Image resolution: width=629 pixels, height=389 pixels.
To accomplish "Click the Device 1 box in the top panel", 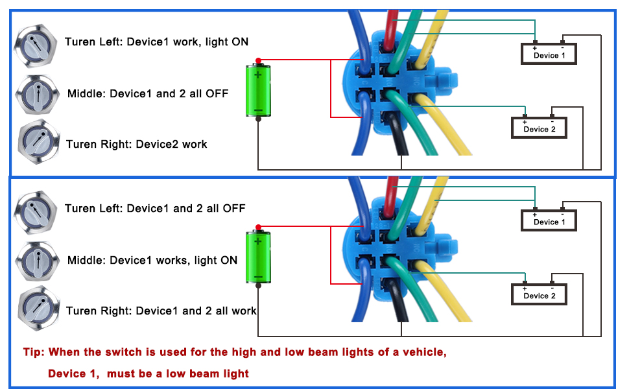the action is (549, 54).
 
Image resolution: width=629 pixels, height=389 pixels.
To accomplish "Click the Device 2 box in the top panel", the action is (539, 128).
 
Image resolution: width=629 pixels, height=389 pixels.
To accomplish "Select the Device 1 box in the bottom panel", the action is (549, 220).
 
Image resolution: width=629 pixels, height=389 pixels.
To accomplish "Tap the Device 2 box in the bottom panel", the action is (539, 294).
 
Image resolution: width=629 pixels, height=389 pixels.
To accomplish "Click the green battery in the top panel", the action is (258, 90).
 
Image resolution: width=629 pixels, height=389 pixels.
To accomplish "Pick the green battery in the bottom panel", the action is (258, 257).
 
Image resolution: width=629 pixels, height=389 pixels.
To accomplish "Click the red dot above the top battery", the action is (258, 60).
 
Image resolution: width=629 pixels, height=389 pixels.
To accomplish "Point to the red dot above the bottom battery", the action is (258, 228).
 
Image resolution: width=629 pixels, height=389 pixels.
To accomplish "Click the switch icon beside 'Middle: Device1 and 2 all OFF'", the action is (38, 95).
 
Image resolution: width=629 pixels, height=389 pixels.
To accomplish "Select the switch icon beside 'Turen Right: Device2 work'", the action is (38, 143).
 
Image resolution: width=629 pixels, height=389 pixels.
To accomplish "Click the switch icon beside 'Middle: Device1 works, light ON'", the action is (38, 261).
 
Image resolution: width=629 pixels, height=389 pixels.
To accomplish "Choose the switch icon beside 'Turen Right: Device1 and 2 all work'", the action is (38, 309).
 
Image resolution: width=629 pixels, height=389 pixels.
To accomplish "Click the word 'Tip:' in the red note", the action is (34, 352).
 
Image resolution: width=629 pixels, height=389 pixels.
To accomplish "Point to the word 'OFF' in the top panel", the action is (217, 93).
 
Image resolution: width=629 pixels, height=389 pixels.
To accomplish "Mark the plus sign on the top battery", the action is (257, 75).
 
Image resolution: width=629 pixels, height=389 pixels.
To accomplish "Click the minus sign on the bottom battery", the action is (258, 277).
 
